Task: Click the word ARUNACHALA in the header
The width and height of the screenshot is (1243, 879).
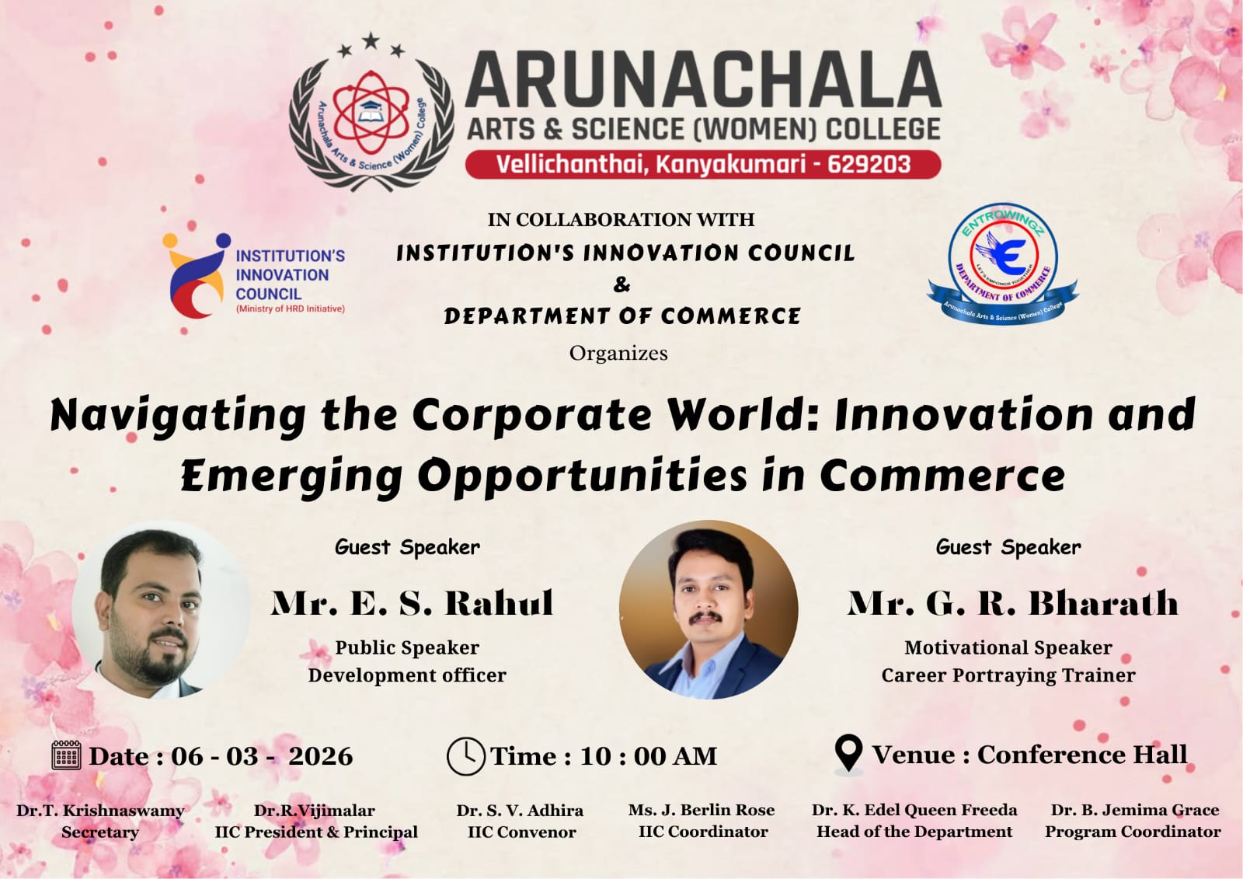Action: point(703,80)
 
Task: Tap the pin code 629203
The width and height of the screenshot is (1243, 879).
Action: point(869,165)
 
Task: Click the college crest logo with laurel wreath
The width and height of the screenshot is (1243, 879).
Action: point(371,114)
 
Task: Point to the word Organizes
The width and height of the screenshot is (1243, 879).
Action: point(618,354)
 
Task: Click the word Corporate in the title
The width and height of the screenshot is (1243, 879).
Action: point(531,415)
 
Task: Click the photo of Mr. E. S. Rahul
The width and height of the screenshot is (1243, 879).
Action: point(161,610)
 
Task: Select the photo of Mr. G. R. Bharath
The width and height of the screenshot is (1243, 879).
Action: point(708,609)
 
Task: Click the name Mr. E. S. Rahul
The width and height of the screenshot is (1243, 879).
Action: point(412,604)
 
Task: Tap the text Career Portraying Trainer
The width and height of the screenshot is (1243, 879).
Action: point(1008,675)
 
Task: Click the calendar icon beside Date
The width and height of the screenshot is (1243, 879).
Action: point(66,755)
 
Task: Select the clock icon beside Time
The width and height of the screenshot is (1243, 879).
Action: point(465,756)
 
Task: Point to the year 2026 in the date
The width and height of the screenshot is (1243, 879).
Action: point(320,756)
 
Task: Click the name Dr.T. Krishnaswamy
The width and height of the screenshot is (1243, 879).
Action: point(100,811)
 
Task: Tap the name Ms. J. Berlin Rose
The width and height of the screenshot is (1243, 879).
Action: point(702,810)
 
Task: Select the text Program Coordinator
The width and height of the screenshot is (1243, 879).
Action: point(1133,832)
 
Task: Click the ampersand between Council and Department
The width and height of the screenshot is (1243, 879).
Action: point(621,284)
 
